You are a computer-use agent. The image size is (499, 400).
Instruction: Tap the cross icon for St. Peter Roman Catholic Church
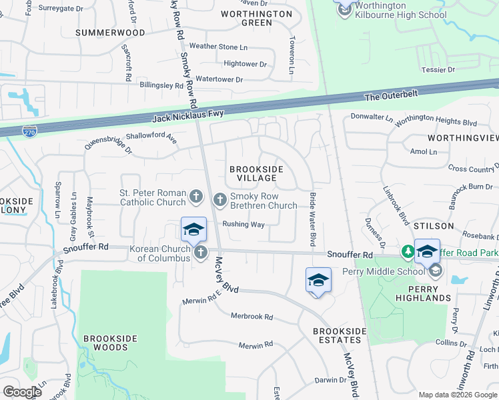pos(195,196)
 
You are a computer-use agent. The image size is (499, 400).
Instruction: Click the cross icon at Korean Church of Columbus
pos(201,252)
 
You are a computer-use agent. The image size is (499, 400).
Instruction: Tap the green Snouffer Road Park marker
pos(408,252)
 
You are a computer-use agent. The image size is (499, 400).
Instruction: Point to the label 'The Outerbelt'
pos(391,95)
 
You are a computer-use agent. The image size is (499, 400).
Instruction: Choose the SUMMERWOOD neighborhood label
pos(110,32)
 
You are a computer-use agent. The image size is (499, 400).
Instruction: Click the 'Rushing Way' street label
pos(243,224)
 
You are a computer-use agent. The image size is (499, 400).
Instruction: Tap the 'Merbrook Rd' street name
pos(252,317)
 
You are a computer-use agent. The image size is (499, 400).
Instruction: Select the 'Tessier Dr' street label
pos(438,69)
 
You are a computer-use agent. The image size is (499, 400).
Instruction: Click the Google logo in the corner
pos(22,392)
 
